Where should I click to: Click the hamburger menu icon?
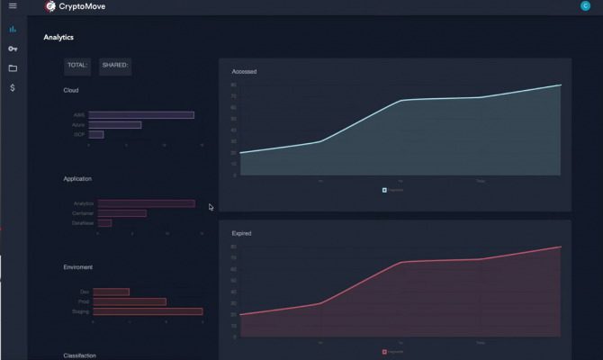pyautogui.click(x=13, y=6)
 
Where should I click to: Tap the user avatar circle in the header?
pyautogui.click(x=586, y=6)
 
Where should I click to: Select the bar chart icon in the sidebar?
pyautogui.click(x=13, y=29)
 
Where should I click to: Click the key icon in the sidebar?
pyautogui.click(x=13, y=49)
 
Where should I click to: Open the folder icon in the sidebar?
pyautogui.click(x=13, y=68)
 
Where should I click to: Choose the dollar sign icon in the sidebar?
pyautogui.click(x=13, y=88)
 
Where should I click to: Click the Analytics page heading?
pyautogui.click(x=58, y=38)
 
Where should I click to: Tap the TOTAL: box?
pyautogui.click(x=77, y=65)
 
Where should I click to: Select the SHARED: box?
pyautogui.click(x=115, y=65)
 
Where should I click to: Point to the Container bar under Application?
pyautogui.click(x=122, y=213)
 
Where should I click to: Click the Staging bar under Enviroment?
pyautogui.click(x=148, y=311)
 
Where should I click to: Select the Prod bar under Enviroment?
pyautogui.click(x=130, y=301)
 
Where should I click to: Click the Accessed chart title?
pyautogui.click(x=244, y=71)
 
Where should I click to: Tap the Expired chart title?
pyautogui.click(x=242, y=233)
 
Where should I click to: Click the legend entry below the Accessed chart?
pyautogui.click(x=393, y=190)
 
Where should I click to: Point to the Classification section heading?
pyautogui.click(x=80, y=355)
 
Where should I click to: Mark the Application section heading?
pyautogui.click(x=77, y=179)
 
